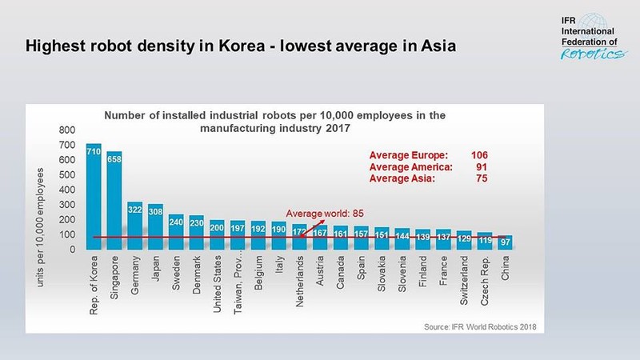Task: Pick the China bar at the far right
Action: [505, 242]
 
